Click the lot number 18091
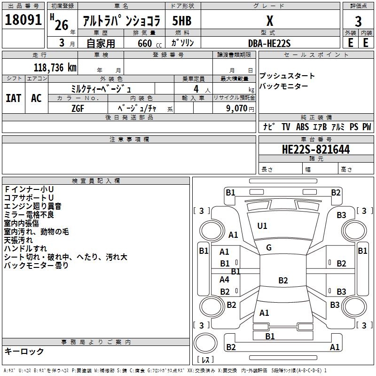[x=23, y=21]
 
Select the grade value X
[x=269, y=21]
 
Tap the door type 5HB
[x=181, y=21]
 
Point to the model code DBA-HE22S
[x=269, y=43]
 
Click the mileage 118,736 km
[x=55, y=67]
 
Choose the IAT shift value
[x=14, y=98]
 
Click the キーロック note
[x=24, y=352]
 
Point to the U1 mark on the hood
[x=262, y=226]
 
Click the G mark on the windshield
[x=269, y=248]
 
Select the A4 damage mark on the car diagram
[x=225, y=280]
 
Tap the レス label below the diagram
[x=205, y=360]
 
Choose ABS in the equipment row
[x=302, y=127]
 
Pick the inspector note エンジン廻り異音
[x=32, y=206]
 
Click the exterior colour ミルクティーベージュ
[x=102, y=88]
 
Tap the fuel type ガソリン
[x=183, y=43]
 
